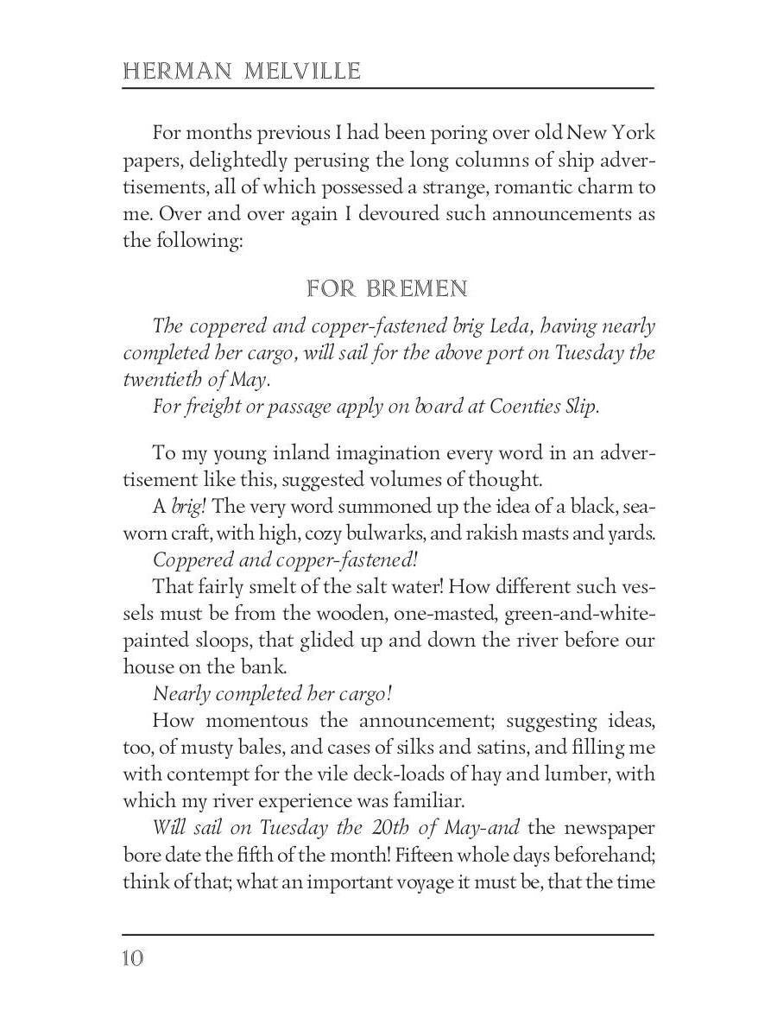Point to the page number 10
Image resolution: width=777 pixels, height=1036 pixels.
coord(133,957)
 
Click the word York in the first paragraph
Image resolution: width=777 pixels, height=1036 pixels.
coord(635,133)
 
